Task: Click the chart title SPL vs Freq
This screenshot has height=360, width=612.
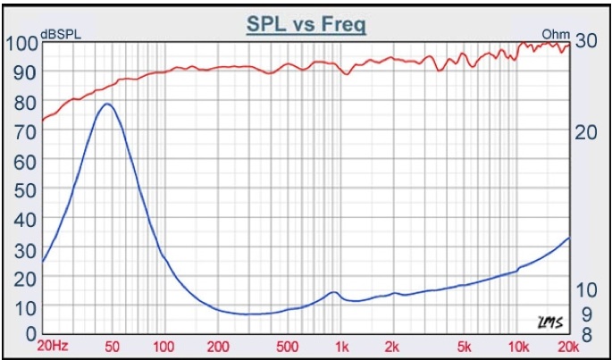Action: pyautogui.click(x=306, y=24)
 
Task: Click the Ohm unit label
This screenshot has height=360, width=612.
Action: pyautogui.click(x=555, y=35)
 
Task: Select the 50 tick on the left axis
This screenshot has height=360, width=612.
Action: pyautogui.click(x=25, y=189)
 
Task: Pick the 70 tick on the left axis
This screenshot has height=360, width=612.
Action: pyautogui.click(x=25, y=131)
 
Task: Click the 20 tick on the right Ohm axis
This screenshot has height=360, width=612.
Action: pyautogui.click(x=586, y=131)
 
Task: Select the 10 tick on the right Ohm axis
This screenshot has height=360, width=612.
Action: pyautogui.click(x=585, y=290)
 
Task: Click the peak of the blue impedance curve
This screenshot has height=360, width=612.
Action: pyautogui.click(x=107, y=104)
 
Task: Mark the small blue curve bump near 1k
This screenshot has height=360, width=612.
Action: pyautogui.click(x=333, y=292)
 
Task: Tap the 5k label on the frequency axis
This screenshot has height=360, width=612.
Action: pyautogui.click(x=464, y=347)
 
